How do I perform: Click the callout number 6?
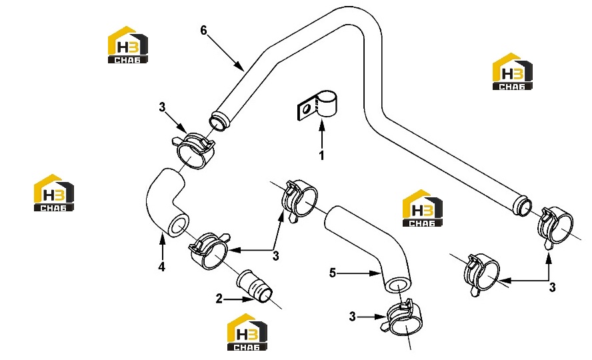203,31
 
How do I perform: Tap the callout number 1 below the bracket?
322,155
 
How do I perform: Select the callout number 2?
219,299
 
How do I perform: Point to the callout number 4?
161,267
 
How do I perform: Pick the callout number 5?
332,273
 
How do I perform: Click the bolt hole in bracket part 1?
307,109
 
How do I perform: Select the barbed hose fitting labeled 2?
255,287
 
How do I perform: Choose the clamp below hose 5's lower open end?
405,318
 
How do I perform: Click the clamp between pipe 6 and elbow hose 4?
193,150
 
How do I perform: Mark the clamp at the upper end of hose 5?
300,200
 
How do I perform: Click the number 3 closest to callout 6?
162,107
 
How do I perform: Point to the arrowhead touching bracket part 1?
322,123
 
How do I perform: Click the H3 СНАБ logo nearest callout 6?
128,45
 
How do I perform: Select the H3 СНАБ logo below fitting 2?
247,332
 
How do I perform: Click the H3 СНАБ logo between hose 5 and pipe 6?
423,208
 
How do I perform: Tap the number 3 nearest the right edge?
552,287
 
